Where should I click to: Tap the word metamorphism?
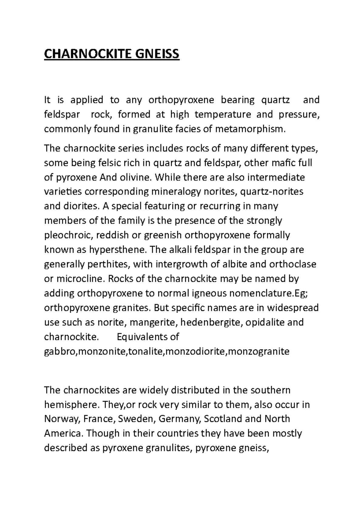point(250,129)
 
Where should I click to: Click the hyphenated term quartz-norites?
point(272,192)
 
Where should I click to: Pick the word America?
point(63,433)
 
